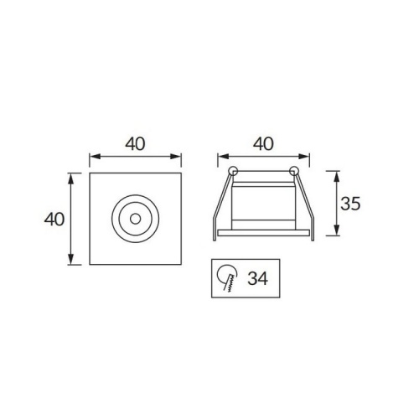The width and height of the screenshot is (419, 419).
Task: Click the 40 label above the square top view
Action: coord(136,143)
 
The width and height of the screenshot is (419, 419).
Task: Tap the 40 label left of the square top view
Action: coord(55,219)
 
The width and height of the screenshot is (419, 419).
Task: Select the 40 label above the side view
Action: coord(263,143)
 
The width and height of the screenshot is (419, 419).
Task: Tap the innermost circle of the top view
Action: coord(136,218)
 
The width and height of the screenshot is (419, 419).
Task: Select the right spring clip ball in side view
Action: coord(293,172)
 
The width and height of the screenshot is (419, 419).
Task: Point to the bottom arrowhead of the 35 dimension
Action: coord(337,233)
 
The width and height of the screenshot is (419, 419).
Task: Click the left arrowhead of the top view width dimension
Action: coord(94,156)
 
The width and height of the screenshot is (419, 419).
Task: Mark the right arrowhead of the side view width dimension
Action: coord(306,156)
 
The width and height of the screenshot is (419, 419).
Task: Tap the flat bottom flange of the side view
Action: coord(263,232)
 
